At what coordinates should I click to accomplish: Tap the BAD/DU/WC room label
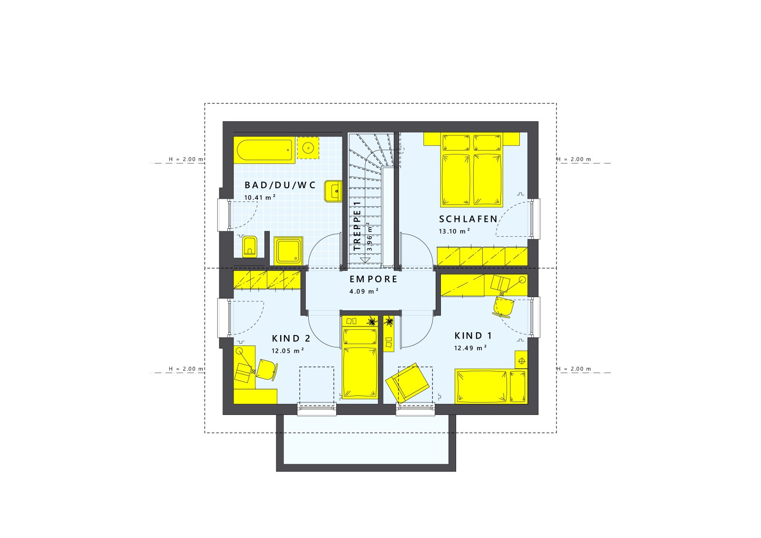point(280,185)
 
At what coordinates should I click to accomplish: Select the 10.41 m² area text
point(260,197)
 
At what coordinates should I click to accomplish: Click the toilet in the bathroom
point(250,247)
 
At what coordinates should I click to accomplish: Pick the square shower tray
point(288,251)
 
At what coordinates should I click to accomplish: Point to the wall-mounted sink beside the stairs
point(333,192)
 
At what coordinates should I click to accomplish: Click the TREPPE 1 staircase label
point(357,226)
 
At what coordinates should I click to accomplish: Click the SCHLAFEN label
point(468,219)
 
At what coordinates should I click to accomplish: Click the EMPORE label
point(373,279)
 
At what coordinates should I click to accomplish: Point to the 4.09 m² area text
point(364,291)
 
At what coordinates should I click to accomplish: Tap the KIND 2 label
point(291,338)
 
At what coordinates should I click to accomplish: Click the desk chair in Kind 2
point(267,369)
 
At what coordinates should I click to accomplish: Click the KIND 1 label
point(473,336)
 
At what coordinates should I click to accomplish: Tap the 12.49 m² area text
point(470,348)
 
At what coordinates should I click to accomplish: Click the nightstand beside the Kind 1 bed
point(521,361)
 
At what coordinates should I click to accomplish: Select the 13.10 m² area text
point(454,231)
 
